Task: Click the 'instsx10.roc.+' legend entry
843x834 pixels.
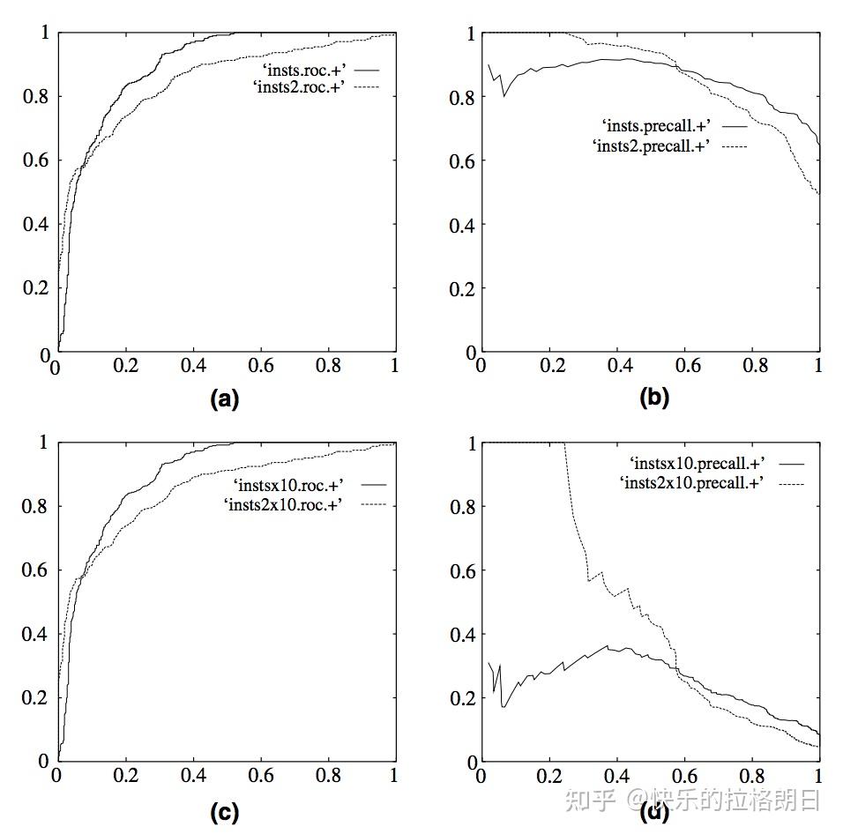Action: tap(287, 485)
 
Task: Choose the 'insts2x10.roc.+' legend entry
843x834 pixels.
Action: tap(285, 503)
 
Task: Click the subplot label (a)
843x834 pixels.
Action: tap(225, 398)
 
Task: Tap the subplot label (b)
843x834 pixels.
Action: tap(653, 398)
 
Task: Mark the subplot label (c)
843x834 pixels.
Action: tap(225, 812)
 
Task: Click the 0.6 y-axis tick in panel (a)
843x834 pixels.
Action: tap(35, 161)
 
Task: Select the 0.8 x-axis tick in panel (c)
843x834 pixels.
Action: tap(329, 776)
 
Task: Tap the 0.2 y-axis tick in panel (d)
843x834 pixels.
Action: tap(464, 698)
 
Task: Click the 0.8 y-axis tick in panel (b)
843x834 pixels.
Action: tap(464, 98)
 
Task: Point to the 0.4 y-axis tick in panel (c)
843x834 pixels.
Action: tap(35, 634)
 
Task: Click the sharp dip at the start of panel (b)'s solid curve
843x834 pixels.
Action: tap(504, 95)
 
